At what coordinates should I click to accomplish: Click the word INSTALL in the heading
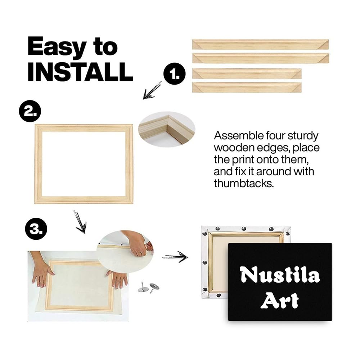coord(80,72)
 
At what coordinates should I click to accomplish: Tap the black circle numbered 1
coord(175,74)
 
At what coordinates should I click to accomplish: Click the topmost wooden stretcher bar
coord(260,44)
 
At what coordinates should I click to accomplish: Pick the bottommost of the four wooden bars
coord(247,87)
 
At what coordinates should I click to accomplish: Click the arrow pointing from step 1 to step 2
coord(152,90)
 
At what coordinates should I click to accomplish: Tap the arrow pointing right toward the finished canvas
coord(175,257)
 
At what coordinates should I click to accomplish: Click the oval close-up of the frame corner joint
coord(167,129)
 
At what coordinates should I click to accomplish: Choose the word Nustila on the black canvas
coord(280,275)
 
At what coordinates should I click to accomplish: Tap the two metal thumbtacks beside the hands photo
coord(148,287)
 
